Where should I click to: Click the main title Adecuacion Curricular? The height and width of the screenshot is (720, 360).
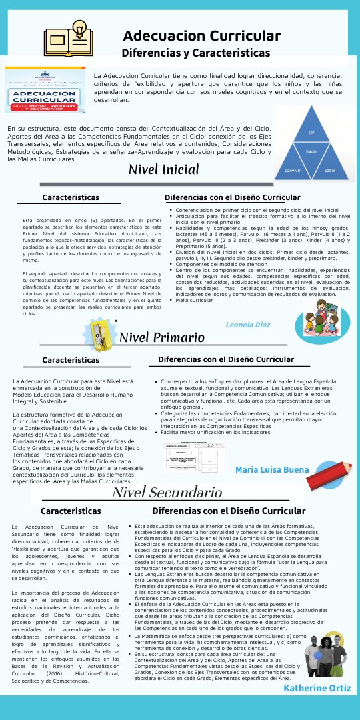tap(201, 35)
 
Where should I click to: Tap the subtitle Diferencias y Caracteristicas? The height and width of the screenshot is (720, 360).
tap(195, 53)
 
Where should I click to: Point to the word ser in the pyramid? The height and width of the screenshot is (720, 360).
tap(311, 133)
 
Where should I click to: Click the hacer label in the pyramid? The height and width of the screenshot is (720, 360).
tap(311, 151)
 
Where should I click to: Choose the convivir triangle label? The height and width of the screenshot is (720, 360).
tap(292, 171)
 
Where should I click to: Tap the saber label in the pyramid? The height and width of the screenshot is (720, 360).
tap(330, 171)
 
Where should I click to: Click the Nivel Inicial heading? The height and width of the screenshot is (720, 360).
tap(164, 169)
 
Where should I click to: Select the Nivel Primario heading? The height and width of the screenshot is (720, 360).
tap(162, 337)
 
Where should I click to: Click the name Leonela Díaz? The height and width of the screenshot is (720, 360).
tap(248, 325)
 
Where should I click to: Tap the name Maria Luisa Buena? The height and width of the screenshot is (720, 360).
tap(272, 451)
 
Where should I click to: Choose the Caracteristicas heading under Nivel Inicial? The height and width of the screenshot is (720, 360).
tap(71, 197)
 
